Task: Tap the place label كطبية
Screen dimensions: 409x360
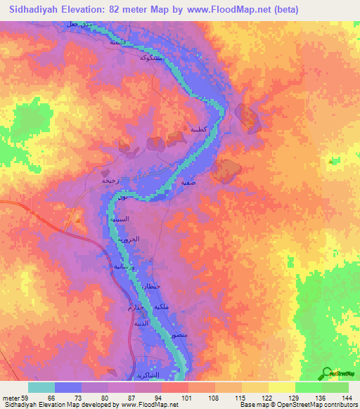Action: pos(198,129)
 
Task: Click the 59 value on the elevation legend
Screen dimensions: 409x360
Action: pos(25,398)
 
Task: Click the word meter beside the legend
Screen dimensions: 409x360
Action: pos(11,398)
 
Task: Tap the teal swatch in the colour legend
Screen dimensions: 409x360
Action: pos(41,387)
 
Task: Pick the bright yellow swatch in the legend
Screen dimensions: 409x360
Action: pos(281,387)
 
